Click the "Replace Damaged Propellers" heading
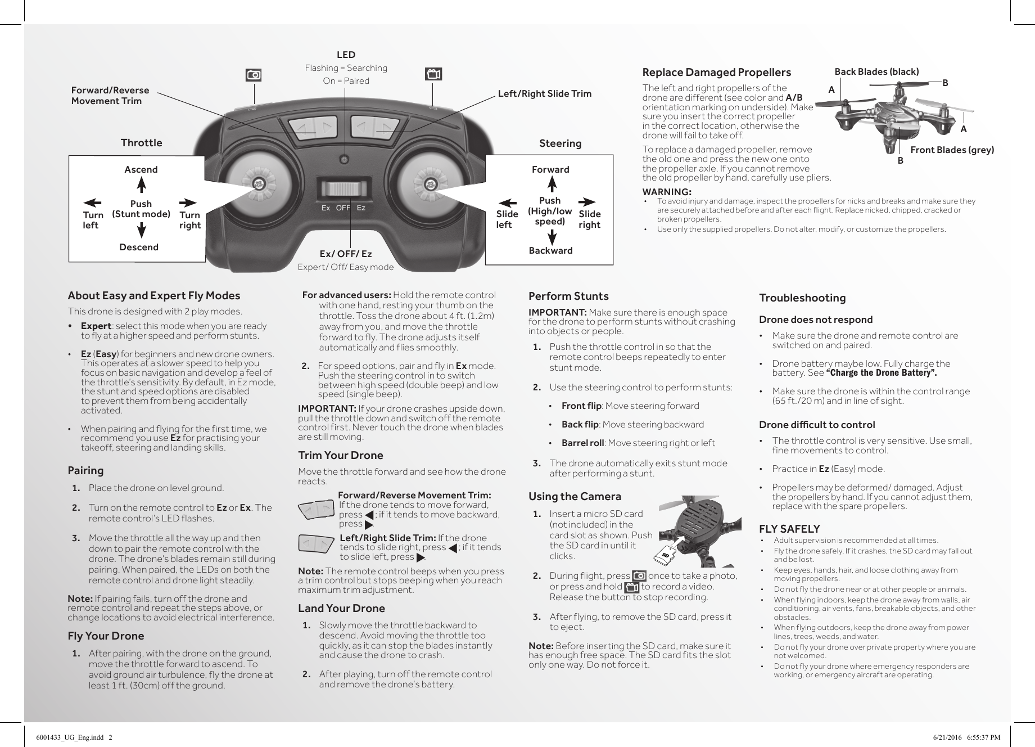pos(716,72)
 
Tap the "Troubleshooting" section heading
pos(802,298)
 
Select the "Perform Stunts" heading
pos(568,296)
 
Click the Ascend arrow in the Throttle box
pos(142,184)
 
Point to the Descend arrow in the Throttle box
pos(142,230)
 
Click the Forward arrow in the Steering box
pos(552,184)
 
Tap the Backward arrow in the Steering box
pos(552,237)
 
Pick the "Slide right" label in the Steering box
pos(589,219)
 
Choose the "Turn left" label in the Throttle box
pos(93,220)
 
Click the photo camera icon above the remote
pos(254,75)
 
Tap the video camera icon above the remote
pos(433,74)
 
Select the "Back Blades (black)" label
pos(876,71)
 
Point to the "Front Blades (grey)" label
pos(952,150)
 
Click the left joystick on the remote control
pos(258,183)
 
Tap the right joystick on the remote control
pos(430,183)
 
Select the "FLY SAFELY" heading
pos(789,529)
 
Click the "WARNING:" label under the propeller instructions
pos(667,192)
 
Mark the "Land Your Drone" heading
pos(341,608)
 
